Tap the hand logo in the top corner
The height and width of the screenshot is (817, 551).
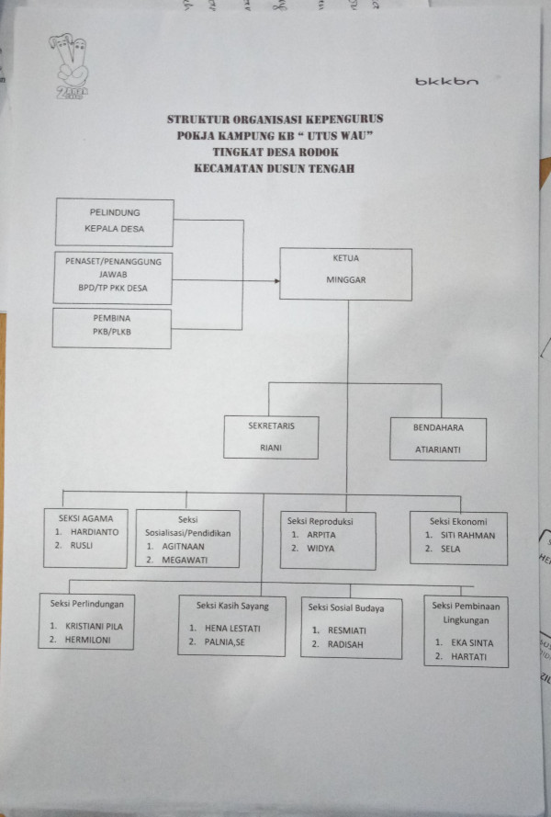pos(70,59)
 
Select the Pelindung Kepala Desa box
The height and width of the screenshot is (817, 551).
pos(114,221)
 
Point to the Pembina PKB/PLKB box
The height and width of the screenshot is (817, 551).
pos(112,328)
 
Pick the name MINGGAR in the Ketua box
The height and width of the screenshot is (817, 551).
pos(345,282)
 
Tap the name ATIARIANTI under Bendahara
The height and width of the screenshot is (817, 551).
pos(437,451)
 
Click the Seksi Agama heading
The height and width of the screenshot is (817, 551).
pos(84,517)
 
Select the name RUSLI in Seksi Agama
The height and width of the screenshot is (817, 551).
pos(82,545)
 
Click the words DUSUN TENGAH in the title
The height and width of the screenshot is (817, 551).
pos(311,168)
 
